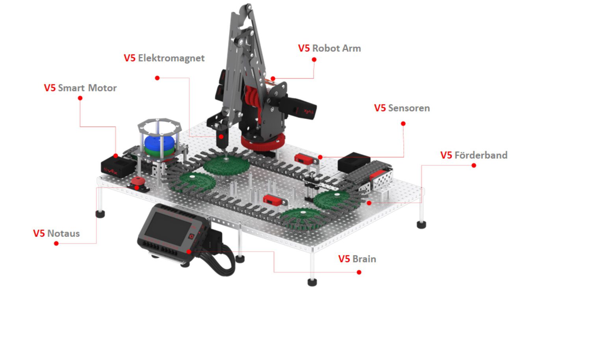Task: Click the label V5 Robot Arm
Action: [329, 48]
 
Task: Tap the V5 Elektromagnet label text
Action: [164, 58]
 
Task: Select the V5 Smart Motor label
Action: [80, 88]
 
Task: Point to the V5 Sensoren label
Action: [402, 108]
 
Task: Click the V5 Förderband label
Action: [474, 155]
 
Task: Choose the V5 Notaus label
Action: [56, 234]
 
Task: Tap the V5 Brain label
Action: [357, 259]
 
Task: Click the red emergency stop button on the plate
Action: [137, 182]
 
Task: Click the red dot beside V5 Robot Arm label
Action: [314, 59]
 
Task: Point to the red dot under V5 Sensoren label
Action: [403, 124]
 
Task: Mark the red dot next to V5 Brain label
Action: [359, 272]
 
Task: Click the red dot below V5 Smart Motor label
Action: [80, 98]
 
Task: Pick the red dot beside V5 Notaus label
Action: [56, 243]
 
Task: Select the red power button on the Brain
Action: [191, 237]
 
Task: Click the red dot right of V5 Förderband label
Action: [474, 165]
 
